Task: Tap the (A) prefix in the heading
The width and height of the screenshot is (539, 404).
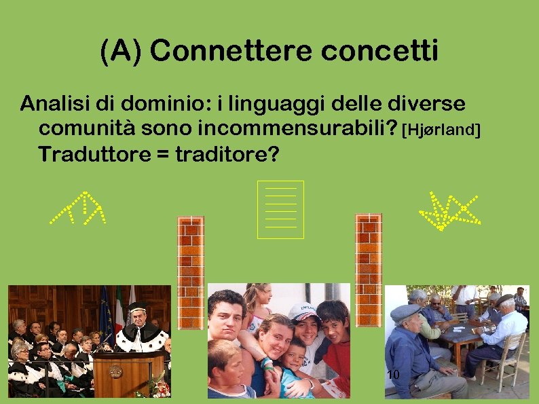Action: [122, 51]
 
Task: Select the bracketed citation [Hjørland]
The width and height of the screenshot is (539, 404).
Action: [441, 129]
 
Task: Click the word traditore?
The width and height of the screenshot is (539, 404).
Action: [227, 154]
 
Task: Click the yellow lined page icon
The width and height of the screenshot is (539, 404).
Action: [280, 210]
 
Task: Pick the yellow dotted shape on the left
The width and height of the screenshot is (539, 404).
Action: [80, 207]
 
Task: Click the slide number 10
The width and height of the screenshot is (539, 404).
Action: [392, 375]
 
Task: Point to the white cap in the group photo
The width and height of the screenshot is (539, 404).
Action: [303, 312]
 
